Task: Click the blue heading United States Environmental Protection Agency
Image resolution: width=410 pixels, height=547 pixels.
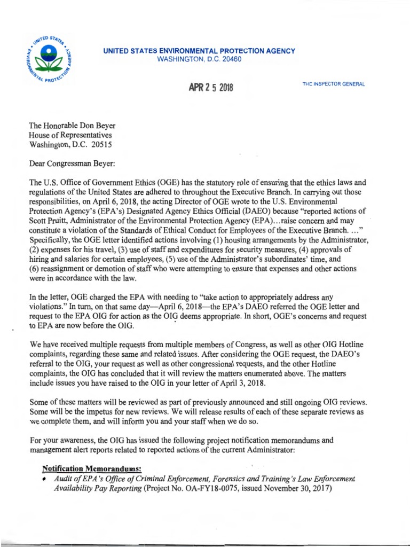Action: point(199,51)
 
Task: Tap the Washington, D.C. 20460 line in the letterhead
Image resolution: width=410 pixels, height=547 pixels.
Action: point(199,59)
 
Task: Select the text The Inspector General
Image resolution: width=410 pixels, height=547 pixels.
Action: point(334,86)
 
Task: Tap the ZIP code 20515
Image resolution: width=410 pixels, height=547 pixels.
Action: point(101,144)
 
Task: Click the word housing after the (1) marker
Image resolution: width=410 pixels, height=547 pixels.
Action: point(232,240)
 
